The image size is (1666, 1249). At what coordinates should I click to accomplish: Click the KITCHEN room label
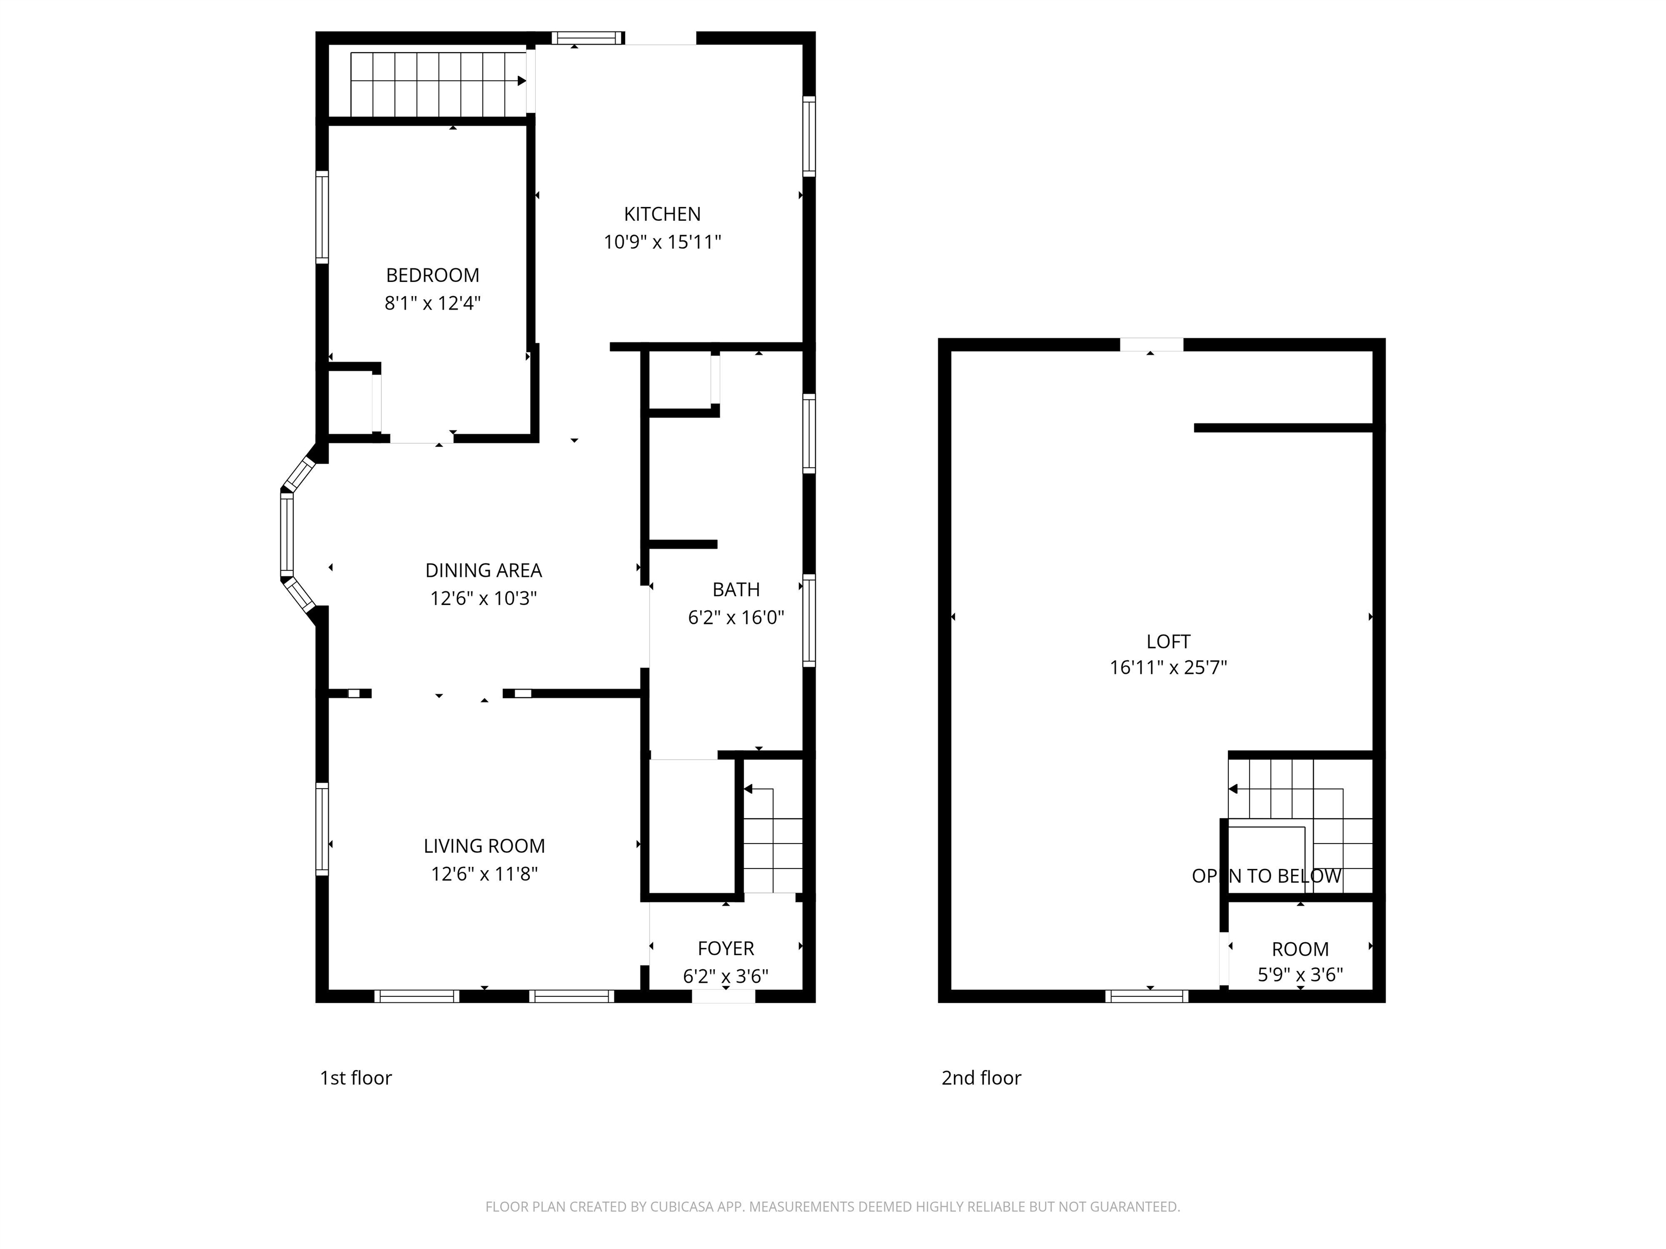[662, 215]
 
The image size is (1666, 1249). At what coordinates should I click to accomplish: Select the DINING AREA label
[484, 571]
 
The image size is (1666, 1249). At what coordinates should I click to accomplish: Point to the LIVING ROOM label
[484, 846]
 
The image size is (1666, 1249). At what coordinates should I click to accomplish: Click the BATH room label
[736, 589]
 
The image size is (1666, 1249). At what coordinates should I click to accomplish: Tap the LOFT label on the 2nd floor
[1168, 641]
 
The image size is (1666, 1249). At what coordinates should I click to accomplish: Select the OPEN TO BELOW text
[1266, 875]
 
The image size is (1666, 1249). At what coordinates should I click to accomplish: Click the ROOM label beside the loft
[1300, 949]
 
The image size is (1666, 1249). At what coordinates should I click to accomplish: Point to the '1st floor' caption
[356, 1078]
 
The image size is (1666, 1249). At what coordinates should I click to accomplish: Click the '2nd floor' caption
[982, 1078]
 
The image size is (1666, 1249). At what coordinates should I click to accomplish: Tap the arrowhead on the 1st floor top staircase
[522, 81]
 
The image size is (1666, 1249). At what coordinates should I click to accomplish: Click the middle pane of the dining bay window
[286, 534]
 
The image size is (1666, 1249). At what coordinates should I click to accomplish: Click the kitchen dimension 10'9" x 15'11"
[662, 242]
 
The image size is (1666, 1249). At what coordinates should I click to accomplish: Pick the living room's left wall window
[322, 829]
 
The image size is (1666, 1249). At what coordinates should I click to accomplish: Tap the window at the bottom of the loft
[1146, 996]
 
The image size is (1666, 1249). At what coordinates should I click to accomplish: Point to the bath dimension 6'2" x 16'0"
[736, 618]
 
